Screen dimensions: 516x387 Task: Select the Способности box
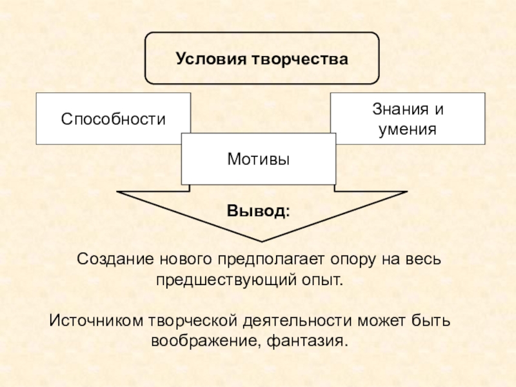point(114,119)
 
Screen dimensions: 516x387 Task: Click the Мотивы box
point(258,158)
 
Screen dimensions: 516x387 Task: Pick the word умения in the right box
point(408,129)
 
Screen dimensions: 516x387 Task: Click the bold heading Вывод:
point(258,211)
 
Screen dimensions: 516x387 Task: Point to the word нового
point(180,259)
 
